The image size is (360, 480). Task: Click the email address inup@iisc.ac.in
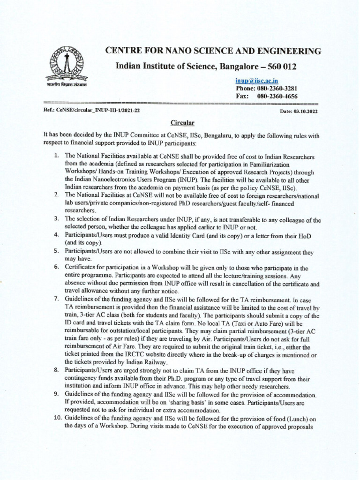click(256, 81)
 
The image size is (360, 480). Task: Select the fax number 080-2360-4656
click(277, 96)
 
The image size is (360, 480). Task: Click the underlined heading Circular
click(182, 123)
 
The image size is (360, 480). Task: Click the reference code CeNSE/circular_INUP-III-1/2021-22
click(99, 111)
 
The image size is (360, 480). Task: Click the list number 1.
click(55, 156)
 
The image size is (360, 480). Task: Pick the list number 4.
click(55, 234)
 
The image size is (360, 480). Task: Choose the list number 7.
click(55, 298)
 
